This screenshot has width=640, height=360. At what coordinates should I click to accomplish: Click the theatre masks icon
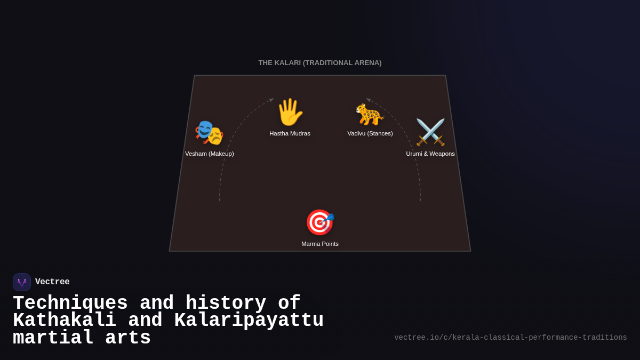coord(209,132)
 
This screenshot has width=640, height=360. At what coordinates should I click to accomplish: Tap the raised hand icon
coord(290,112)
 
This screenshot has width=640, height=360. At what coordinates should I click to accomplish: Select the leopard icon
coord(370,114)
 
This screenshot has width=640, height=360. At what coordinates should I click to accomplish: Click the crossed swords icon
coord(430,132)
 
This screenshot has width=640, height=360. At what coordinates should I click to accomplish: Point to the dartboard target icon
coord(319,222)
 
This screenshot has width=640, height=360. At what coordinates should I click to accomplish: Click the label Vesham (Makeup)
coord(209,154)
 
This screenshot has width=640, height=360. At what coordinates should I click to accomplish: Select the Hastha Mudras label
coord(290,133)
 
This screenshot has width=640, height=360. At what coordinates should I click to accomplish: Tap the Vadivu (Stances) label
coord(370,133)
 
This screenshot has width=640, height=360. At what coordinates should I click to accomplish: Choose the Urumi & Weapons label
coord(430,154)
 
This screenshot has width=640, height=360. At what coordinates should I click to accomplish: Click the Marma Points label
coord(320,244)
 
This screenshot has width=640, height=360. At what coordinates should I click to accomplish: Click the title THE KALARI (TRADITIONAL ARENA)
coord(320,63)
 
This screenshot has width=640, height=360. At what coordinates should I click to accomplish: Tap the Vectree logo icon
coord(22,282)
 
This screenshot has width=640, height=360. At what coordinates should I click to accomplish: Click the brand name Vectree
coord(52,282)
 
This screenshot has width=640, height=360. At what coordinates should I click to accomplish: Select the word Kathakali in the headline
coord(65,321)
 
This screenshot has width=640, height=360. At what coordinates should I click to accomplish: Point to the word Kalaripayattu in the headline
coord(249,321)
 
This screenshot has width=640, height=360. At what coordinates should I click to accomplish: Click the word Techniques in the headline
coord(70,303)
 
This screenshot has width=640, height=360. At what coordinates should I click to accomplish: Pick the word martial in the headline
coord(53,338)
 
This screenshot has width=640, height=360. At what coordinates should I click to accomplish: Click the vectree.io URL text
coord(510,338)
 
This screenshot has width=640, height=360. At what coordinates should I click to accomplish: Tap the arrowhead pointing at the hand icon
coord(271,100)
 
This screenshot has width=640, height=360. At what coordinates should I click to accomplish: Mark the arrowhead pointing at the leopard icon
coord(368,100)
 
